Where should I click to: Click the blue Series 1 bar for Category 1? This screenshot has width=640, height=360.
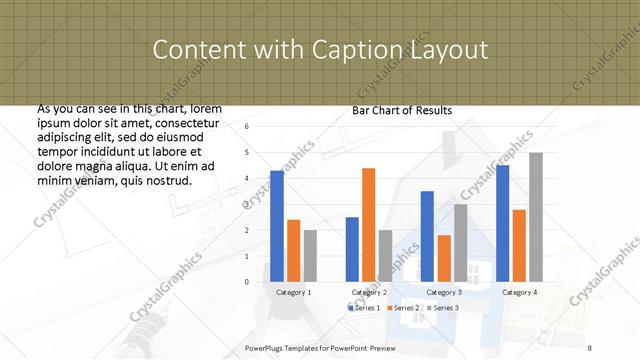coord(277,227)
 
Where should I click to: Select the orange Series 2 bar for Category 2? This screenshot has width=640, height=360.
coord(368,225)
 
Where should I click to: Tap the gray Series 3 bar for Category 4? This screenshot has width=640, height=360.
coord(536,217)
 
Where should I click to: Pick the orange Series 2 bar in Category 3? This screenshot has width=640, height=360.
coord(443,258)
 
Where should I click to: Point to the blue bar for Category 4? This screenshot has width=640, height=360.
coord(502,224)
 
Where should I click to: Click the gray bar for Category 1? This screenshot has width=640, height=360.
coord(310,256)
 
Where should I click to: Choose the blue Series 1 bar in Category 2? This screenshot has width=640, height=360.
coord(352,249)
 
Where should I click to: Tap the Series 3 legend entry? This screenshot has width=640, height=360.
coord(444,307)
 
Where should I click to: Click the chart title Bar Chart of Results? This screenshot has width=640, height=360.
coord(402,110)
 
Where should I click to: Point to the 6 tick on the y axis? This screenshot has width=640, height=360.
coord(246,127)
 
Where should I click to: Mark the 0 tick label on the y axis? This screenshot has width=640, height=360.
coord(246,282)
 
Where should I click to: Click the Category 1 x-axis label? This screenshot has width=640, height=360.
coord(293,292)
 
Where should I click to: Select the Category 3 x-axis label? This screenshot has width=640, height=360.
coord(444,292)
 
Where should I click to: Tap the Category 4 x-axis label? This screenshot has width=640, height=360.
coord(519,292)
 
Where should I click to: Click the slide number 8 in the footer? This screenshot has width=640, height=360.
coord(590,346)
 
